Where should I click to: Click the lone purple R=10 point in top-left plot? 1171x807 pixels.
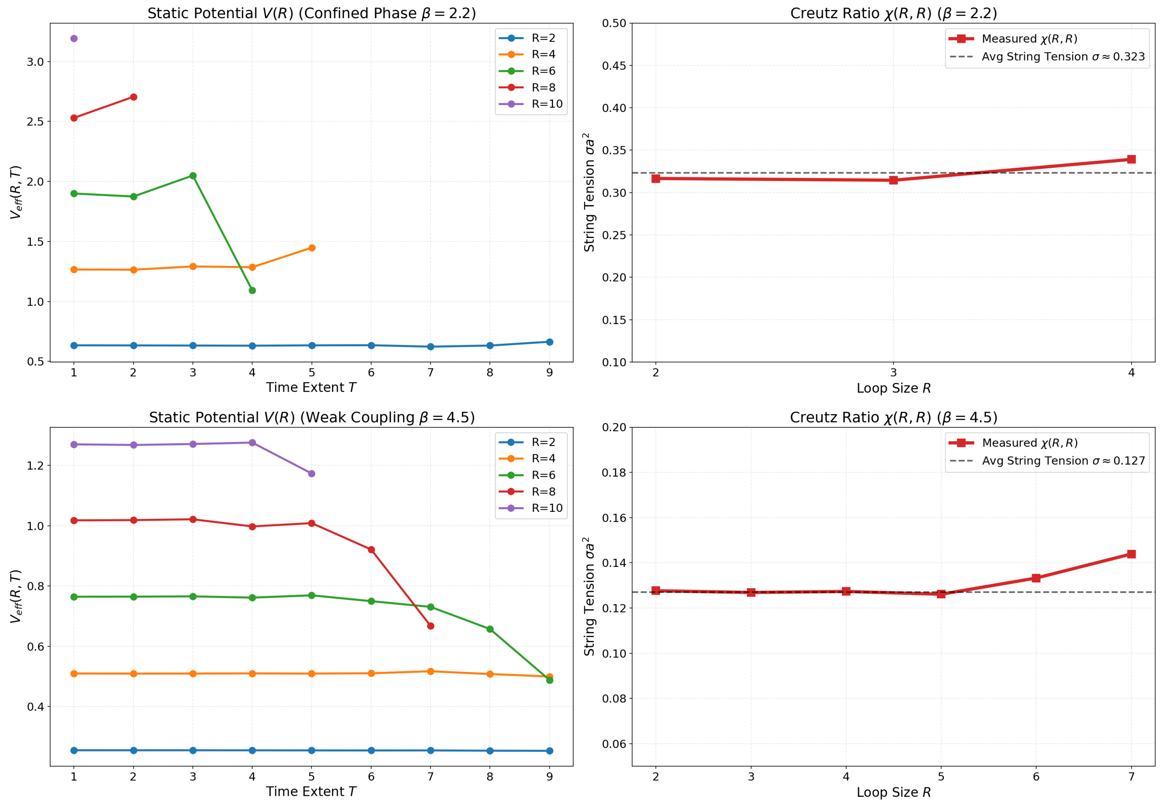(x=74, y=38)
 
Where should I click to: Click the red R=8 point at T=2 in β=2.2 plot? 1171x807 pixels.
(x=134, y=97)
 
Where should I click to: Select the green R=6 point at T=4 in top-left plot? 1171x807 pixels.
(x=252, y=290)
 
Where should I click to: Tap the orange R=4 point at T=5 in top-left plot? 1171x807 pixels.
(x=312, y=248)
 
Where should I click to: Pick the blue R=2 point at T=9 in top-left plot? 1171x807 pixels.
(x=550, y=342)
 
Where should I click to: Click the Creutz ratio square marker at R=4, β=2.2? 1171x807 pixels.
(x=1132, y=159)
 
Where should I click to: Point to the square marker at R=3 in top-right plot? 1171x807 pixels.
(x=893, y=180)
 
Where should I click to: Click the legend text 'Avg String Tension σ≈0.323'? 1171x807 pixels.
(x=1063, y=57)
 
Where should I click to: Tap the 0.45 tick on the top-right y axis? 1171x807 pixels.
(x=614, y=66)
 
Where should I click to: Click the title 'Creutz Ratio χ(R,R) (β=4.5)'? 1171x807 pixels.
(x=893, y=417)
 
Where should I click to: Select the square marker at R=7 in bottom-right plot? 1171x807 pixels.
(x=1132, y=554)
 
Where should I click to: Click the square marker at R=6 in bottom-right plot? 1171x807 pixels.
(x=1036, y=578)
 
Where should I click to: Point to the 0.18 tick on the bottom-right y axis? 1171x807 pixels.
(x=614, y=472)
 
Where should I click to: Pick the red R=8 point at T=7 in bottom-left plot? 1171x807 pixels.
(x=431, y=626)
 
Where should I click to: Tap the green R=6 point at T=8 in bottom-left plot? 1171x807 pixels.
(x=490, y=629)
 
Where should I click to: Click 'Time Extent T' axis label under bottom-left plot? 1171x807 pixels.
(x=312, y=791)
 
